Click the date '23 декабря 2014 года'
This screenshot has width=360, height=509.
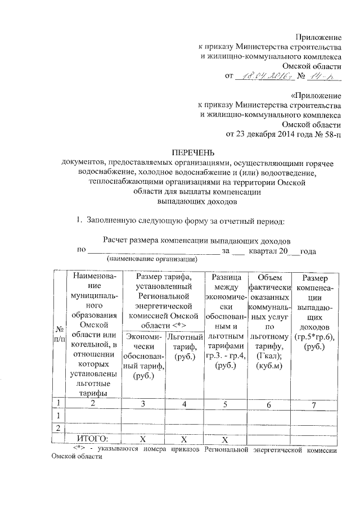(273, 134)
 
